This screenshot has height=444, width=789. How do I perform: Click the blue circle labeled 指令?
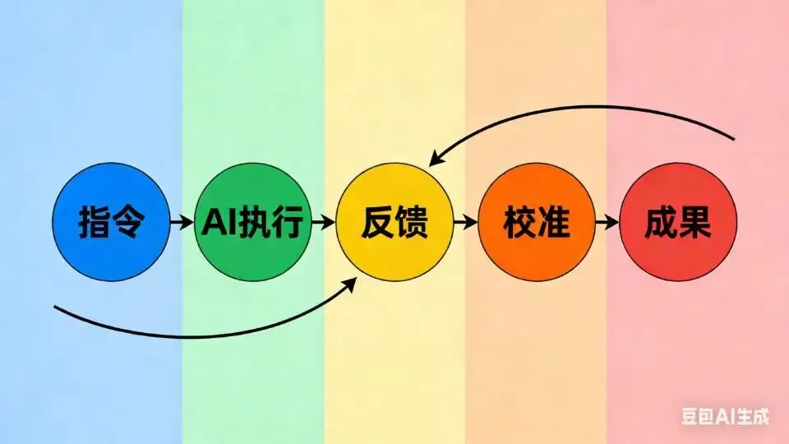(x=110, y=222)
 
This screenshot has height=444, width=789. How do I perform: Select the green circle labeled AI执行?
(x=253, y=222)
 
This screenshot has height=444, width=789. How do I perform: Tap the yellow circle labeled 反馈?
(x=395, y=222)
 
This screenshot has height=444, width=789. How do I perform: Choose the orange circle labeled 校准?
(x=537, y=222)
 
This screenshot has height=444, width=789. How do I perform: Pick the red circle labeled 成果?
(x=678, y=222)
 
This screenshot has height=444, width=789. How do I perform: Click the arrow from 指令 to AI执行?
(x=182, y=222)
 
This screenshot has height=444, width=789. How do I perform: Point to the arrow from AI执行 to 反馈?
(x=324, y=222)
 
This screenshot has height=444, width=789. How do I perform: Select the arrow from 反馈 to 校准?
(x=466, y=222)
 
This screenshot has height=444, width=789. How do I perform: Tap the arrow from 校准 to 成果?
(x=607, y=222)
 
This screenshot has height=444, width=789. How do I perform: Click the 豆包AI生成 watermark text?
(x=725, y=417)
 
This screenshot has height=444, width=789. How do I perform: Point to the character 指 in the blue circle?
(x=95, y=223)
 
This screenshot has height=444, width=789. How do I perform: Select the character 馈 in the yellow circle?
(x=412, y=223)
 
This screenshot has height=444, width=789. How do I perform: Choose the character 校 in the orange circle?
(x=520, y=223)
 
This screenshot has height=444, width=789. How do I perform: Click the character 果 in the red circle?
(x=694, y=223)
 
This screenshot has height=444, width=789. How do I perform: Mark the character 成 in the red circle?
(x=662, y=223)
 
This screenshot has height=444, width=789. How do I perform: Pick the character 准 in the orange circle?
(x=553, y=223)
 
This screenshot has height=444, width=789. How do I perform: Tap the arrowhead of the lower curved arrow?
(x=352, y=283)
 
